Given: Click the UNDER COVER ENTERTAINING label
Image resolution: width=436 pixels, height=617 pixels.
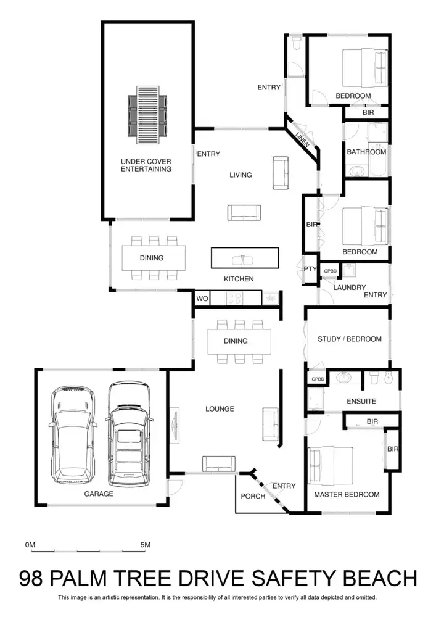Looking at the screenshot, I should click(146, 165).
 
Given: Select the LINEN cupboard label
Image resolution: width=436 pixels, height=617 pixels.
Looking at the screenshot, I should click(302, 139).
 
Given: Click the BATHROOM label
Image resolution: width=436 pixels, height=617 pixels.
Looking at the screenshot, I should click(366, 152).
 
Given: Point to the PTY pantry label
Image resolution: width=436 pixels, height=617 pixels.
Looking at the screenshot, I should click(310, 269).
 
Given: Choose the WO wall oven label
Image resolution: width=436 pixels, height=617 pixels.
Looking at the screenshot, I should click(202, 299).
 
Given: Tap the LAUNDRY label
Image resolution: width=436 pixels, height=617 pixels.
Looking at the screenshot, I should click(350, 288).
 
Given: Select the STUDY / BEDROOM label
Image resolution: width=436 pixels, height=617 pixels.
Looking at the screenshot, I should click(350, 339).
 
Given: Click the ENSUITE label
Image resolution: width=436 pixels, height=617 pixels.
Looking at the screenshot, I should click(361, 401).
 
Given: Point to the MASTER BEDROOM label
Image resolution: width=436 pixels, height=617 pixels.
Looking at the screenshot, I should click(347, 494).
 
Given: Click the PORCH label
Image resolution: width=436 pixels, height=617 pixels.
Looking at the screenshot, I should click(253, 496).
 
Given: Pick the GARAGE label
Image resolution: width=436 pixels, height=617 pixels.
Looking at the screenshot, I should click(99, 494).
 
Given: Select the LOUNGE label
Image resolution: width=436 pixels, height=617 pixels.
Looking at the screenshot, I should click(220, 408).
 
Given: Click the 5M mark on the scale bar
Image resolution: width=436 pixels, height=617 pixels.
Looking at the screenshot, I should click(146, 545).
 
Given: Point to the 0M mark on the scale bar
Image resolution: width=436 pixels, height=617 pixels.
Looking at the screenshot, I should click(31, 545).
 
